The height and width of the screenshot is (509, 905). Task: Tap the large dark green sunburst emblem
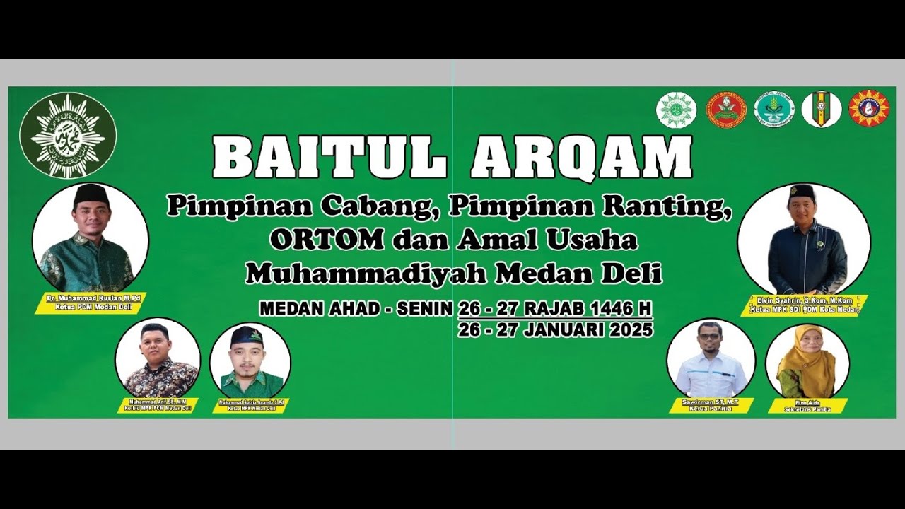click(68, 135)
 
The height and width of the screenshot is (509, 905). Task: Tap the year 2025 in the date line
click(628, 330)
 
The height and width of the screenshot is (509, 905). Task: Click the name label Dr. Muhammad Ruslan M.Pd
click(93, 299)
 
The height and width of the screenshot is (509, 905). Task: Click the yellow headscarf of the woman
click(807, 346)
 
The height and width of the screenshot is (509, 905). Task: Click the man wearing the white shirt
click(710, 361)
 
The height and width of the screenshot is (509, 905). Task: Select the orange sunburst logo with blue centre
click(868, 109)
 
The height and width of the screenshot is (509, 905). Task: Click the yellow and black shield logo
click(821, 110)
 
